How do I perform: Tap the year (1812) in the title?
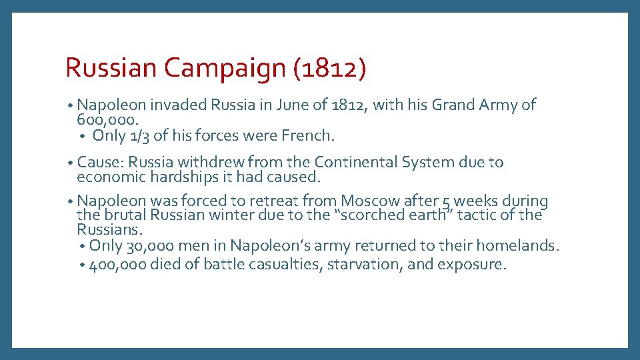coord(329,69)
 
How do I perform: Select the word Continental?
coord(357,162)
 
